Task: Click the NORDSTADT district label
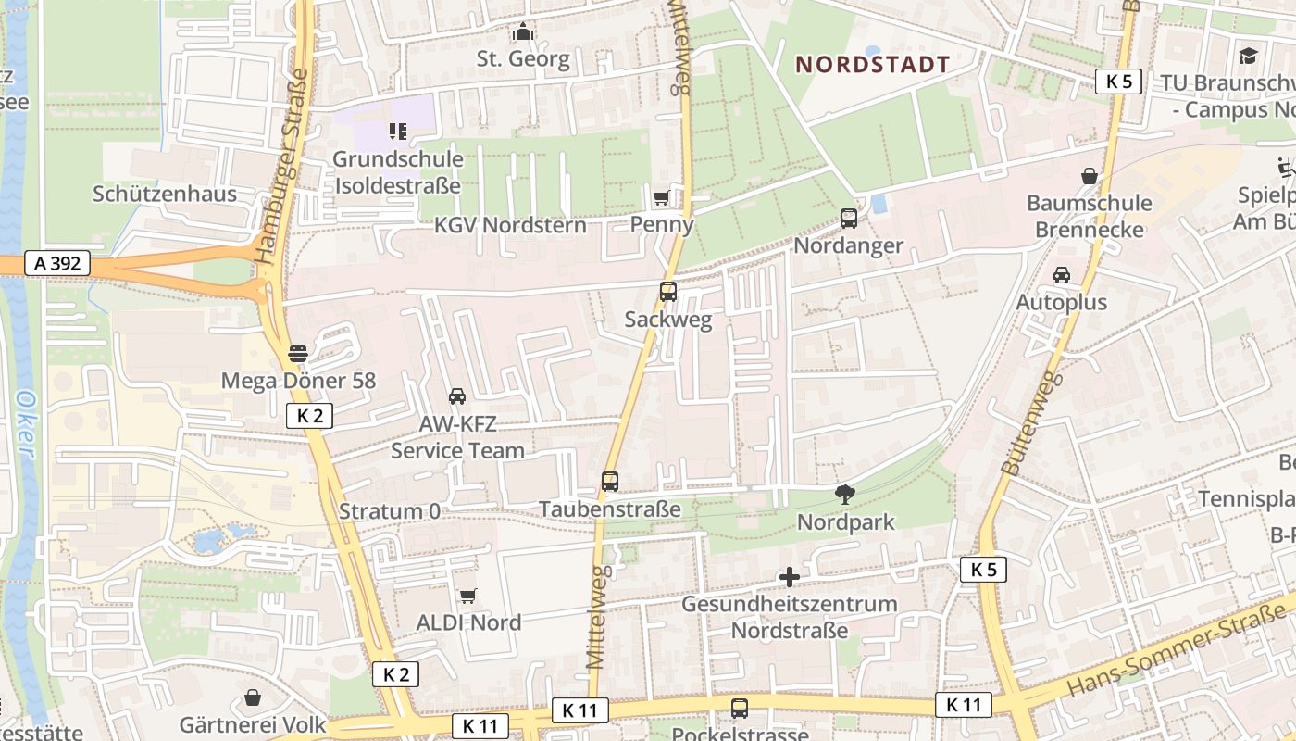pyautogui.click(x=873, y=64)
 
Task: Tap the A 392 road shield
pyautogui.click(x=57, y=264)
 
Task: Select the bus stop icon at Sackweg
pyautogui.click(x=668, y=292)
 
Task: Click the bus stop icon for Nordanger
pyautogui.click(x=849, y=219)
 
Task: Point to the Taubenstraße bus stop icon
pyautogui.click(x=610, y=482)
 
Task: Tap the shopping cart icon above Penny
pyautogui.click(x=662, y=196)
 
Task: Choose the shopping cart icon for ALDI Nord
pyautogui.click(x=468, y=596)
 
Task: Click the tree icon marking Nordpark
pyautogui.click(x=845, y=495)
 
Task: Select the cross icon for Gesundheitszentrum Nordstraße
pyautogui.click(x=790, y=577)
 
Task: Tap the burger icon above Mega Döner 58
pyautogui.click(x=298, y=353)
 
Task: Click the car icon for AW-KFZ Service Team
pyautogui.click(x=457, y=396)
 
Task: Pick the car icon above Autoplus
pyautogui.click(x=1062, y=275)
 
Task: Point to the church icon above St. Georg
pyautogui.click(x=523, y=32)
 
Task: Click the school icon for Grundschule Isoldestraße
pyautogui.click(x=397, y=132)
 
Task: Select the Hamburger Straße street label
pyautogui.click(x=287, y=167)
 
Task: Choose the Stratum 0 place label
pyautogui.click(x=390, y=511)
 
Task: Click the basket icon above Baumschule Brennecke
pyautogui.click(x=1090, y=176)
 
